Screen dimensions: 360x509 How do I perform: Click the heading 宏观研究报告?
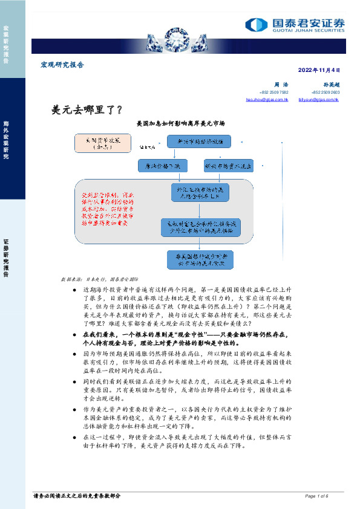(62, 65)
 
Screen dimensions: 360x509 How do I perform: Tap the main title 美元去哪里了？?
(88, 109)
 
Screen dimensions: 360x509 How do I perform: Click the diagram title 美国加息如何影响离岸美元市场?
(181, 123)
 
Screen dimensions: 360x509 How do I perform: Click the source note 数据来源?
(98, 280)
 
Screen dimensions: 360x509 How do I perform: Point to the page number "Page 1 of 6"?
(316, 496)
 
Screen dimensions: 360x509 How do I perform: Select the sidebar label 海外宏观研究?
(6, 138)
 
